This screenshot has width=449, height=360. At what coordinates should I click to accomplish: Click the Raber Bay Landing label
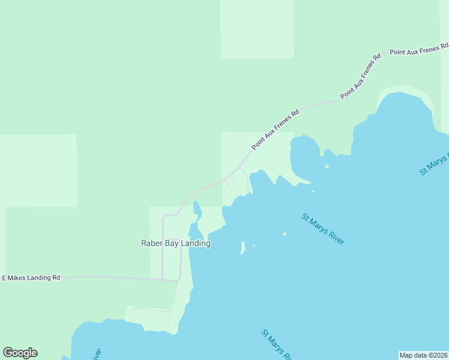[x=175, y=243]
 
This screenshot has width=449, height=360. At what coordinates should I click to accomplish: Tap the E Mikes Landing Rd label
[x=31, y=278]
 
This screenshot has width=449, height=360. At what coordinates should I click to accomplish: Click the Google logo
[x=20, y=353]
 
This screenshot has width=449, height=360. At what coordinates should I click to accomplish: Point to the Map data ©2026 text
[x=423, y=355]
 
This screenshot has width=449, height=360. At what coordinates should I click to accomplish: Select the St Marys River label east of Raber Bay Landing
[x=323, y=229]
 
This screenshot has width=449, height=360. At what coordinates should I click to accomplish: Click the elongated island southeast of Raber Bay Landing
[x=243, y=247]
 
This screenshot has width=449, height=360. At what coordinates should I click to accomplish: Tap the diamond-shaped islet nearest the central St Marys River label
[x=285, y=234]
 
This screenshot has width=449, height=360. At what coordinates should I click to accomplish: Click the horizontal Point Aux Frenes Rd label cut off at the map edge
[x=418, y=49]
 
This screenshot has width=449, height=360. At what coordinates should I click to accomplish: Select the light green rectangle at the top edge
[x=257, y=29]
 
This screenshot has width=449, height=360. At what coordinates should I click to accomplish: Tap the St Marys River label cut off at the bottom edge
[x=277, y=344]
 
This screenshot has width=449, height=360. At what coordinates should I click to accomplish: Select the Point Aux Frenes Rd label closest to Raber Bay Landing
[x=275, y=130]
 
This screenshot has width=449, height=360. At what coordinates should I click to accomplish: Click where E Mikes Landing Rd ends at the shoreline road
[x=178, y=279]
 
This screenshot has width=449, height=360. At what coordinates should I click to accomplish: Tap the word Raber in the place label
[x=151, y=243]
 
